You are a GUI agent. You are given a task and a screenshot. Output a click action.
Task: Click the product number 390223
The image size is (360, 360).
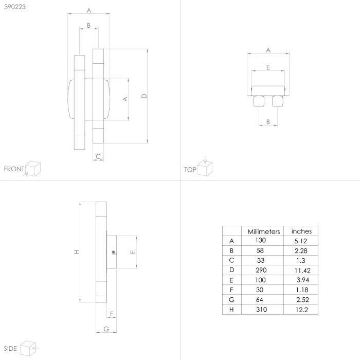[x=15, y=7]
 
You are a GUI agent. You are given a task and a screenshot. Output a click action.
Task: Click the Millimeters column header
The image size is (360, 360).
[x=263, y=231]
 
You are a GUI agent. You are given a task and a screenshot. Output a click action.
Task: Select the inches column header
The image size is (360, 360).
[x=301, y=231]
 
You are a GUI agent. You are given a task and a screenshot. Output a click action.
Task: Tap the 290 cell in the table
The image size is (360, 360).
[x=261, y=270]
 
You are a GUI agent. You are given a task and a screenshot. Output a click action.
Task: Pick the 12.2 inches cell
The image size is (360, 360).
[x=302, y=310]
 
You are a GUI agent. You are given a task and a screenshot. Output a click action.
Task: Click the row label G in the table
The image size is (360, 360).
[x=231, y=300]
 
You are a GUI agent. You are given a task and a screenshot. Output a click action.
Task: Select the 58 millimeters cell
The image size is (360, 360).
[x=260, y=250]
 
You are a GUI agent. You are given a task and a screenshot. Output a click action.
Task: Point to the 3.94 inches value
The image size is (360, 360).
[x=302, y=280]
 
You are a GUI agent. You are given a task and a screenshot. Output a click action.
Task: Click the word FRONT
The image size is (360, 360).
[x=14, y=169]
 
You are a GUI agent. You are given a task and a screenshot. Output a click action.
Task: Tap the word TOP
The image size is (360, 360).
[x=190, y=170]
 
